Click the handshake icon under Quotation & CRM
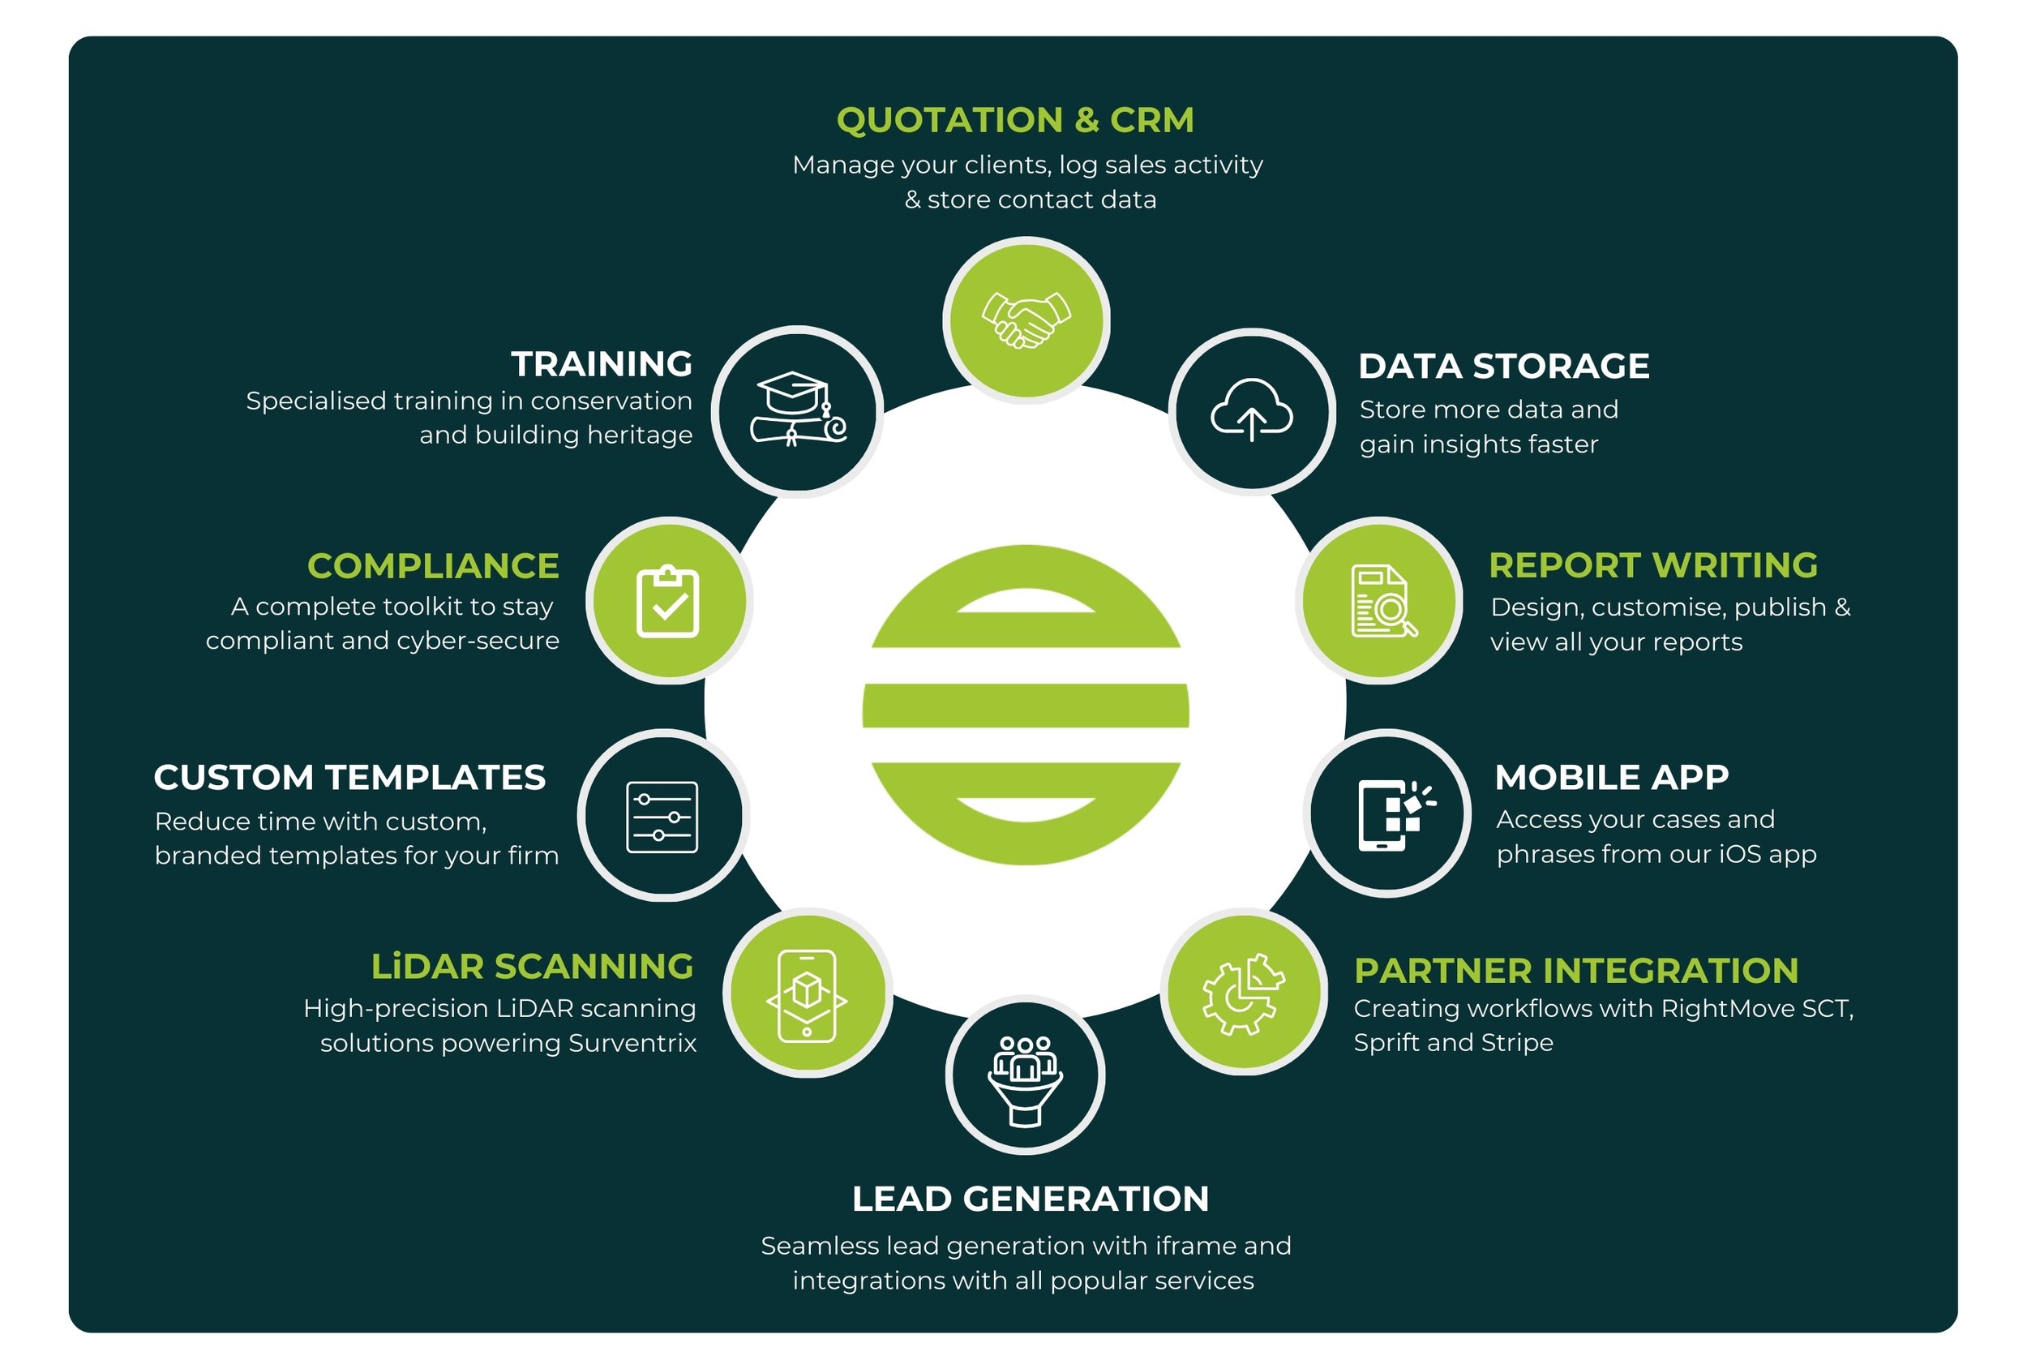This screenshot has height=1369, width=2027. pos(1026,320)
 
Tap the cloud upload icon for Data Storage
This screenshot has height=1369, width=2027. pos(1252,411)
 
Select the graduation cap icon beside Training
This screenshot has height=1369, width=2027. pos(797,410)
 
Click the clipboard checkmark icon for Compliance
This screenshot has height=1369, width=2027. pos(668,601)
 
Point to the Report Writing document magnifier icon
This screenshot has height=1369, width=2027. pos(1381,601)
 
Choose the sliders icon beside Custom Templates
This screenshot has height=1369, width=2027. pos(662,817)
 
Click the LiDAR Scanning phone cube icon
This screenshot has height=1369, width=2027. pos(807,994)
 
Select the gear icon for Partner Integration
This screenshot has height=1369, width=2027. pos(1242,993)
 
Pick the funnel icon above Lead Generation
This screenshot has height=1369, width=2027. pos(1025,1080)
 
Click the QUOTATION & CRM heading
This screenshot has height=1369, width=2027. pos(1015,120)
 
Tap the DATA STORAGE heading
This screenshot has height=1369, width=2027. pos(1504,367)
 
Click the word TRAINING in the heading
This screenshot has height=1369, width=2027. pos(602,364)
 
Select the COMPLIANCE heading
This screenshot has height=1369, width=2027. pos(434,566)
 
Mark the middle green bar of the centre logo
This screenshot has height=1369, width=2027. pos(1026,706)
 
